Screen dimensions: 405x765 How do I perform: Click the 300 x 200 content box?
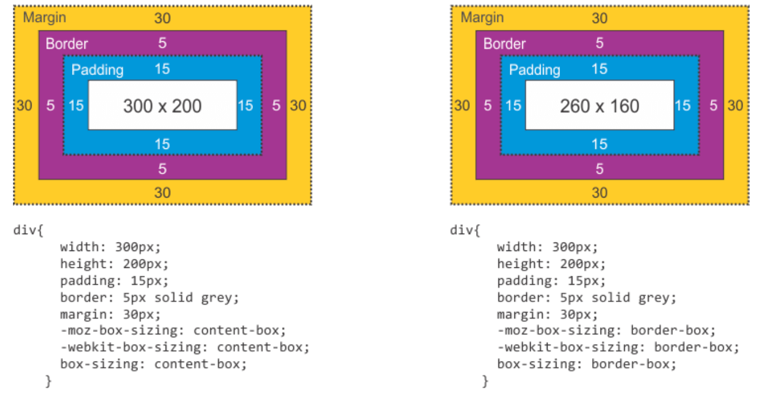coord(162,105)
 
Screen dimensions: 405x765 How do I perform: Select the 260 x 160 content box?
coord(599,105)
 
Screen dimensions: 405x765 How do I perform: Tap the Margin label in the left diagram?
coord(45,17)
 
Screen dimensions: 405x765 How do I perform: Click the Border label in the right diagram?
coord(504,43)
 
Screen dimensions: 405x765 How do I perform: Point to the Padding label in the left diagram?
coord(97,70)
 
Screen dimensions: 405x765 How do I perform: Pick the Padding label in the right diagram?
coord(535,70)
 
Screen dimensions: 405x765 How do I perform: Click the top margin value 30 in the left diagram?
coord(162,19)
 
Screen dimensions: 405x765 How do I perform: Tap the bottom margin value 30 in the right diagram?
coord(599,193)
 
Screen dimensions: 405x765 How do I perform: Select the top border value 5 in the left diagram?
coord(162,43)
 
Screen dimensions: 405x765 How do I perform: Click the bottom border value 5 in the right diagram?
coord(599,169)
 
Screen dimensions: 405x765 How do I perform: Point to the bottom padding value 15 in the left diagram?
coord(162,144)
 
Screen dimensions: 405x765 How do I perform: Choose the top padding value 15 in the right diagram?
coord(599,69)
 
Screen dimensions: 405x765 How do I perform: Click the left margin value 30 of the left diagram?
coord(24,105)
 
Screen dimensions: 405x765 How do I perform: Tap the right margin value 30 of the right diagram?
coord(735,105)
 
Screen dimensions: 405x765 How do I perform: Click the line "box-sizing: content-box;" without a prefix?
coord(154,364)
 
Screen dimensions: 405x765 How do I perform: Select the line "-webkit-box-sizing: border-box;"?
coord(618,347)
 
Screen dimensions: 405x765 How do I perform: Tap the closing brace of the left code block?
coord(48,381)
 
